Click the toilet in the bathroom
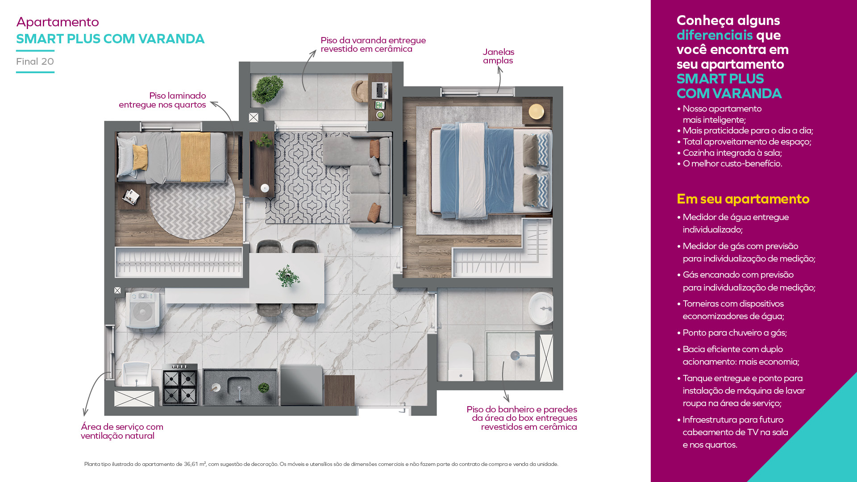(460, 361)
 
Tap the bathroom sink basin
(541, 308)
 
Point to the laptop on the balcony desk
(380, 91)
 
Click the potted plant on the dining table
(287, 276)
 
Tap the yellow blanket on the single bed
(196, 157)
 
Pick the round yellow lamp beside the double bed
(536, 111)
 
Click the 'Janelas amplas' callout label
(498, 56)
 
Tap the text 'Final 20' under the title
(35, 62)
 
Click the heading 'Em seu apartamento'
(743, 199)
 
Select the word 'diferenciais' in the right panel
(715, 35)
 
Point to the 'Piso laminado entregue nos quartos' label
(162, 100)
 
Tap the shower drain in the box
(515, 356)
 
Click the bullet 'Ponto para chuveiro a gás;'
(735, 332)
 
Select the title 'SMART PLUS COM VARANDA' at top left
(110, 39)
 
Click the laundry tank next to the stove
(136, 374)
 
